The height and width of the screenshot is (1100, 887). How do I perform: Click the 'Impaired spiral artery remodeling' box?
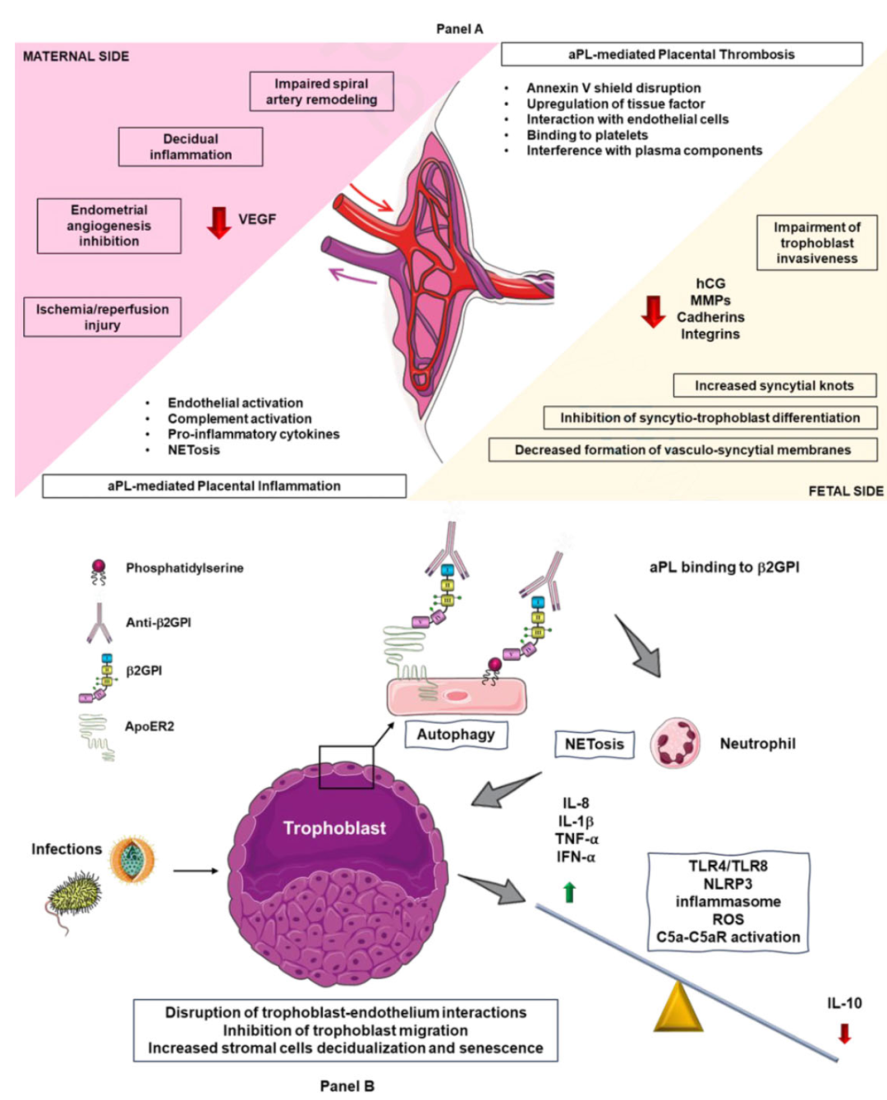[321, 91]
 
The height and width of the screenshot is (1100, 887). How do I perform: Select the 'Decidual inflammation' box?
[191, 147]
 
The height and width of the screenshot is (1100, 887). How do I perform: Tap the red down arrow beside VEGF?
[218, 222]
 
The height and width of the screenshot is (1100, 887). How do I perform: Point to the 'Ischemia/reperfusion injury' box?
[102, 317]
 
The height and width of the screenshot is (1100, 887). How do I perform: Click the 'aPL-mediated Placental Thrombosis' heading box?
[681, 54]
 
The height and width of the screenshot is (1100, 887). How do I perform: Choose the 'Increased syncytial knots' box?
[774, 385]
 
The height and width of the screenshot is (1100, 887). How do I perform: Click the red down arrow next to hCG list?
[653, 311]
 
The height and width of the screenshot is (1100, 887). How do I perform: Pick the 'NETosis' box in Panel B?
[594, 744]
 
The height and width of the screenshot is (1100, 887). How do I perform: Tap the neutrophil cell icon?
[675, 743]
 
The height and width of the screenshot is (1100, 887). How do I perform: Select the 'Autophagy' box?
[455, 734]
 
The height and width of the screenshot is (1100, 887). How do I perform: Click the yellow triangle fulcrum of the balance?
[678, 1007]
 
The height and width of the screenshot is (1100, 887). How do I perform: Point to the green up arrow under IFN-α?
[569, 892]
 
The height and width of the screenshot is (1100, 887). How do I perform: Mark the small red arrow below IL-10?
[844, 1033]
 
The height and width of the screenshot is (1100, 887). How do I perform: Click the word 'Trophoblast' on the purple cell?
[334, 828]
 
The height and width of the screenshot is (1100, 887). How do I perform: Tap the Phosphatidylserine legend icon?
[99, 570]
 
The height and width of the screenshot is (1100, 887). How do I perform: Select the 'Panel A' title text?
[459, 29]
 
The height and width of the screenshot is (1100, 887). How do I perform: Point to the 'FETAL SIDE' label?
[845, 490]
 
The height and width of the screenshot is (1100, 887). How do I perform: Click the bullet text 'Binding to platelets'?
[586, 135]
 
